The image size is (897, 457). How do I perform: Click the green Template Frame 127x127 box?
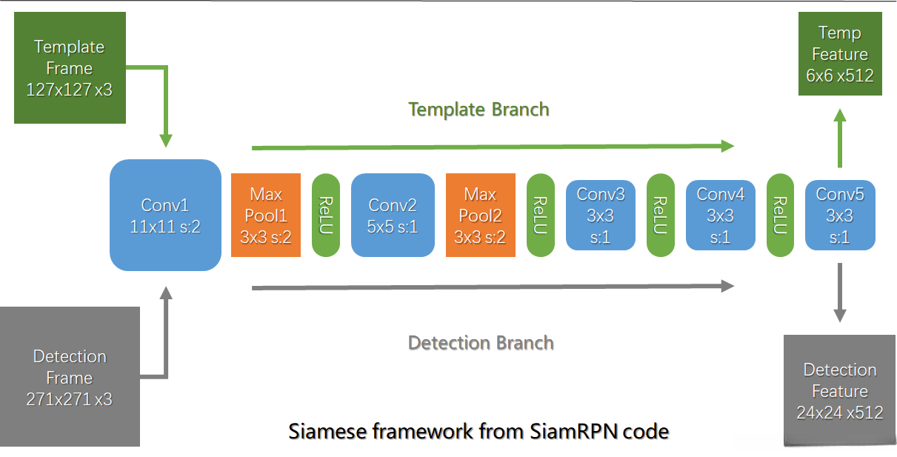(x=70, y=67)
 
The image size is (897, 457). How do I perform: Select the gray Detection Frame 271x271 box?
(x=70, y=376)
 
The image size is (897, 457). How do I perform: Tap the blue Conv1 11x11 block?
(x=165, y=215)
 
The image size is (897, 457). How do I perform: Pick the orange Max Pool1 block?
(x=266, y=215)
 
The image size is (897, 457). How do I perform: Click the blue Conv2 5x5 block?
(x=393, y=215)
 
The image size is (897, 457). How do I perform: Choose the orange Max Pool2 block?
(x=480, y=215)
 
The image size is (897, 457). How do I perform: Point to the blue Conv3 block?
(x=601, y=215)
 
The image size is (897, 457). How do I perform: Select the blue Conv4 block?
(x=721, y=215)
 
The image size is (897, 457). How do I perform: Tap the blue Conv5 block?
(x=840, y=215)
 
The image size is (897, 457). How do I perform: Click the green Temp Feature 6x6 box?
(x=840, y=54)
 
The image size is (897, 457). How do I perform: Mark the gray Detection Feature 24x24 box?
(x=840, y=390)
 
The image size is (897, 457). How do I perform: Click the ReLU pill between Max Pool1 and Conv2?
(x=326, y=215)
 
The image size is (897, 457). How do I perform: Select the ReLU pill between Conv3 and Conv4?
(x=661, y=215)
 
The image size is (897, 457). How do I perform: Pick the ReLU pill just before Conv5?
(x=781, y=215)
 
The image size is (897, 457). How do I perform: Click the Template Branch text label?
(x=479, y=110)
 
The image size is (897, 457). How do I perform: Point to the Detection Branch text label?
(x=481, y=343)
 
